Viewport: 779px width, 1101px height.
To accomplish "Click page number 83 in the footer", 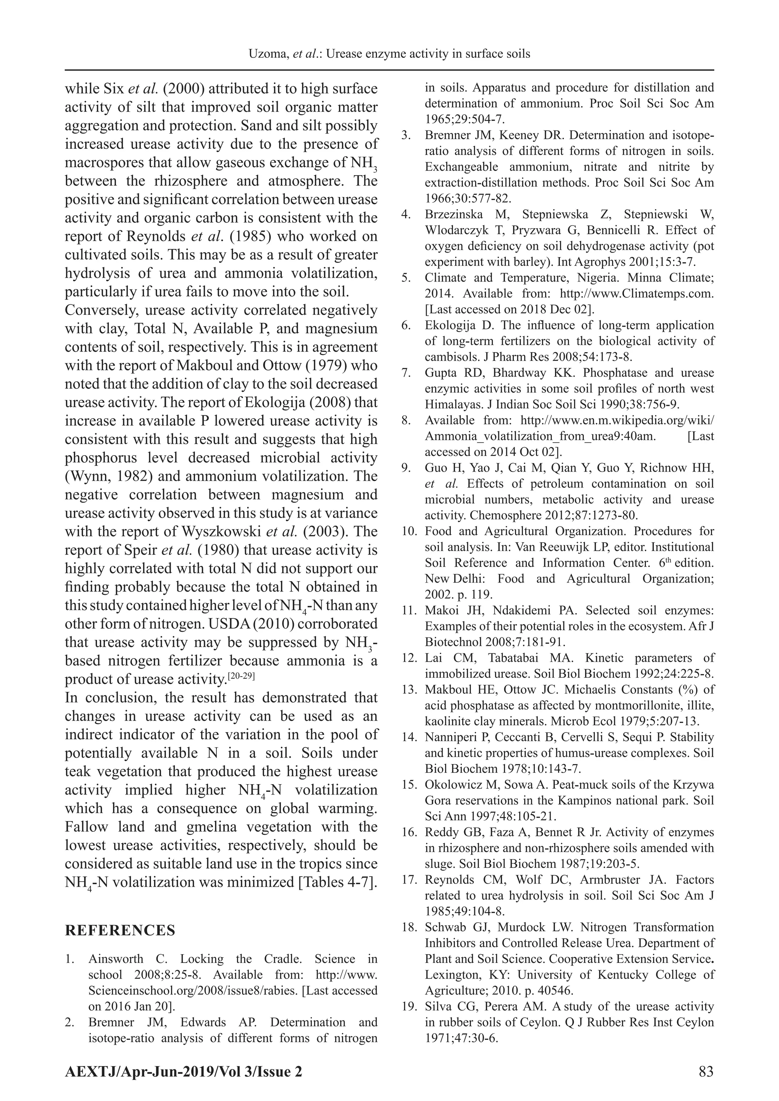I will (x=706, y=1071).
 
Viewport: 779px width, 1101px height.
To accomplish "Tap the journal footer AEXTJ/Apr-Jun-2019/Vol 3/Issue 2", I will (x=184, y=1071).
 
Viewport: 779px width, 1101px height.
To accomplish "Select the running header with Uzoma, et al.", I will (x=389, y=54).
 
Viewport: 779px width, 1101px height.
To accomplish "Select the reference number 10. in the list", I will (x=409, y=531).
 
